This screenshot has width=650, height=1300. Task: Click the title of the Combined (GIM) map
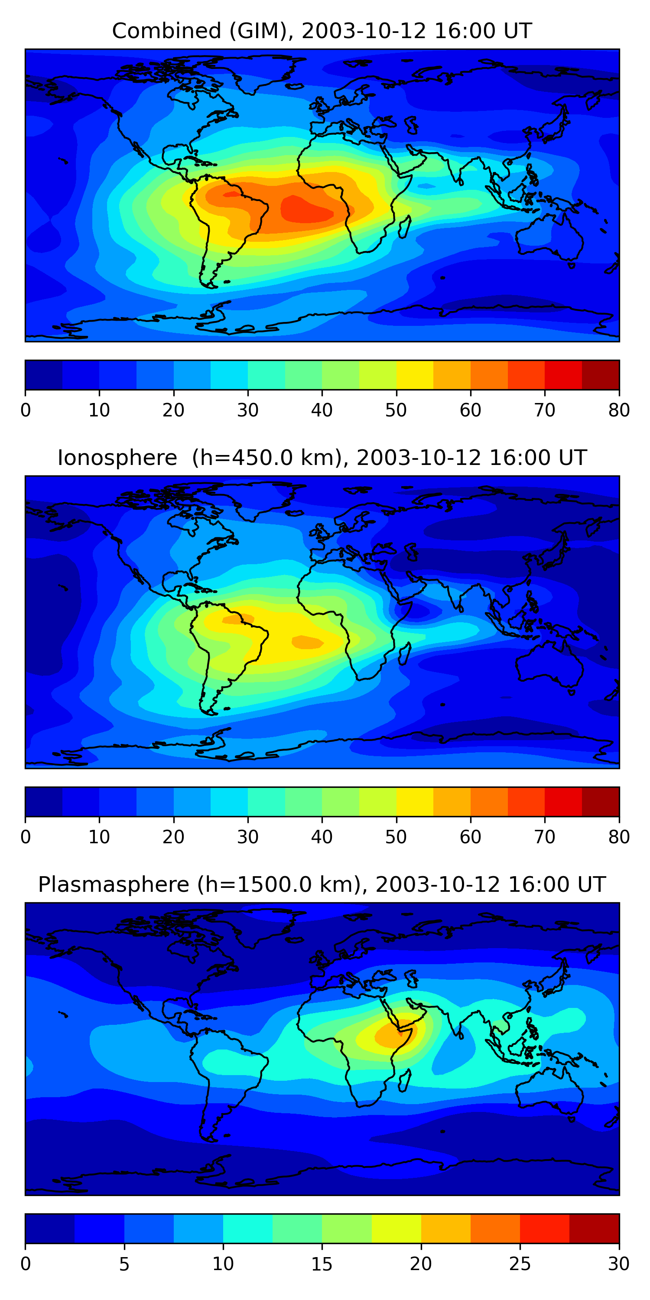coord(322,31)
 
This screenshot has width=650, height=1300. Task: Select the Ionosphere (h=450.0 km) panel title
coord(322,458)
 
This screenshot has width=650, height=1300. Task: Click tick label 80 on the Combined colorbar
coord(619,410)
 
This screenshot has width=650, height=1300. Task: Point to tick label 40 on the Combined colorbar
coord(322,410)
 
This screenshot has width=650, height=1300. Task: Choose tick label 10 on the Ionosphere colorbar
coord(99,837)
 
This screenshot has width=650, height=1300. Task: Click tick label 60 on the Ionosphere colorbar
coord(470,837)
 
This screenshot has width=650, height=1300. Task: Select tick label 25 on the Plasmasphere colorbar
coord(520,1264)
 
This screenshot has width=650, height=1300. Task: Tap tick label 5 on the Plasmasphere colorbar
coord(124,1264)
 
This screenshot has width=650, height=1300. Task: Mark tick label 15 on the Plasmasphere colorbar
coord(322,1264)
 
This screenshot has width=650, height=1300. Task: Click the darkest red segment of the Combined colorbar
coord(601,375)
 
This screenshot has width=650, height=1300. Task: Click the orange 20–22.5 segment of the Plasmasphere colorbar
coord(445,1228)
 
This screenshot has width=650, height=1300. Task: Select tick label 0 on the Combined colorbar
coord(25,410)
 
